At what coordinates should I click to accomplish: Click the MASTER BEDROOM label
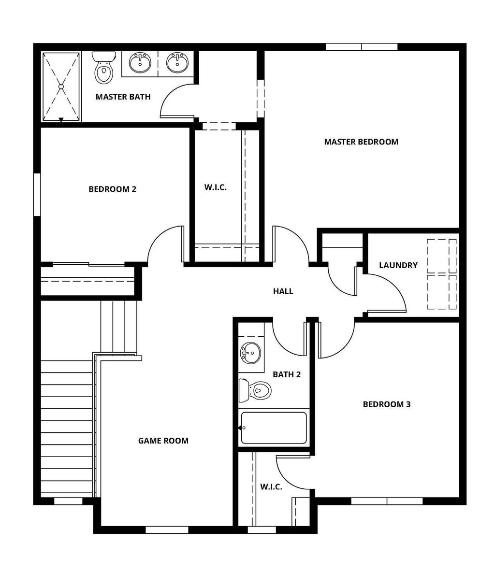coord(361,142)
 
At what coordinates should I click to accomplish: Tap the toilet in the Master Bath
coord(103,69)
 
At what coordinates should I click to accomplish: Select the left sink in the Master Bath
coord(140,62)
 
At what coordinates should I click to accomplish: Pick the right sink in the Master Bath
coord(177,62)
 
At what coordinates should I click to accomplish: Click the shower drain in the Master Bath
coord(61,87)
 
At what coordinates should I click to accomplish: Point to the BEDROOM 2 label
coord(112,189)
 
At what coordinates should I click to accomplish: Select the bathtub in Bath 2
coord(274,428)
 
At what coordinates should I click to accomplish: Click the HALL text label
coord(283,291)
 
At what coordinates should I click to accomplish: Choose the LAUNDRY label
coord(398,265)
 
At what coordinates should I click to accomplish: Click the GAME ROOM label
coord(163,441)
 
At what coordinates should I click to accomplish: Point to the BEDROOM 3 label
coord(386,404)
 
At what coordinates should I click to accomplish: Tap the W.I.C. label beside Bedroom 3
coord(271,486)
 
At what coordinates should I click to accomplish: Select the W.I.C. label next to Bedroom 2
coord(215,187)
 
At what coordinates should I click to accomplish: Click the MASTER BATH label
coord(123,97)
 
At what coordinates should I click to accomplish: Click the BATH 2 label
coord(287,374)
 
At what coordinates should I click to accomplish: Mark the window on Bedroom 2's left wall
coord(37,194)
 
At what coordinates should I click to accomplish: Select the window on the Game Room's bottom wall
coord(167,530)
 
